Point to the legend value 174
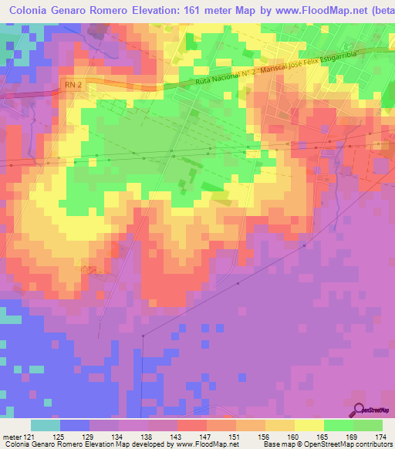tap(379, 436)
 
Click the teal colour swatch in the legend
tap(46, 425)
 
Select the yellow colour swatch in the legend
tap(309, 425)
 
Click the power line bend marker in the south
tap(144, 336)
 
